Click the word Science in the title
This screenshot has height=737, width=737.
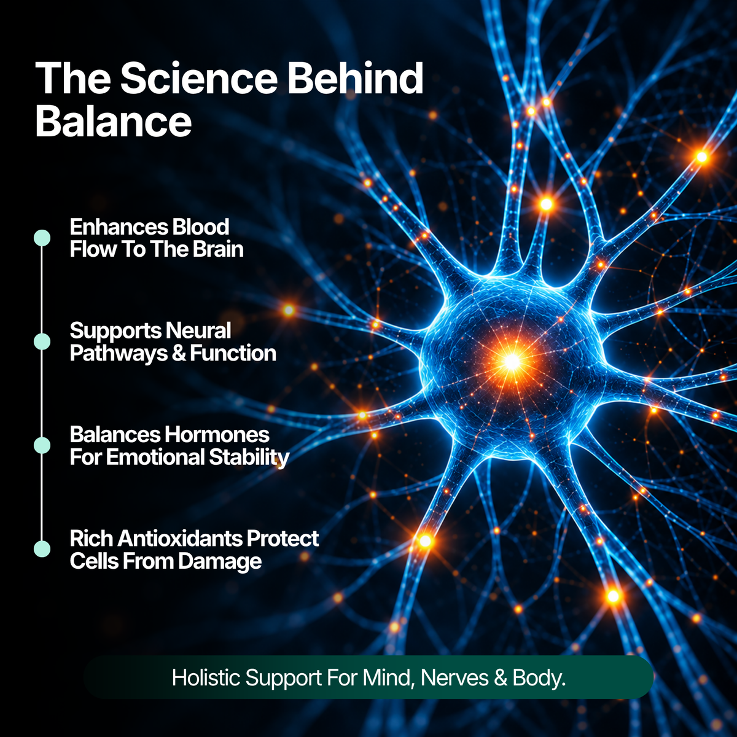[198, 78]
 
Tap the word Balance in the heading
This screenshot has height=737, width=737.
[113, 122]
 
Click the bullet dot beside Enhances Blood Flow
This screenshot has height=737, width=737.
[42, 238]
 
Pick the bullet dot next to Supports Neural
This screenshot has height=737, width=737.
[42, 341]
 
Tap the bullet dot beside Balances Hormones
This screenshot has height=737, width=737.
[42, 445]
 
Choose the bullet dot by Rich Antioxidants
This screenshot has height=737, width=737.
[42, 549]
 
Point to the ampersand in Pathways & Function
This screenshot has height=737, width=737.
[179, 353]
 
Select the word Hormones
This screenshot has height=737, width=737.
[217, 434]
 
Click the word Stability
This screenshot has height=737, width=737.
[249, 458]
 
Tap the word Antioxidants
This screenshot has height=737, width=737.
[180, 539]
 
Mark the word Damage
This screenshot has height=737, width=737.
[219, 562]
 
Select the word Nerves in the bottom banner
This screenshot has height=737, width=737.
[454, 677]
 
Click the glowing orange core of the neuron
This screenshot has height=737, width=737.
[512, 361]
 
